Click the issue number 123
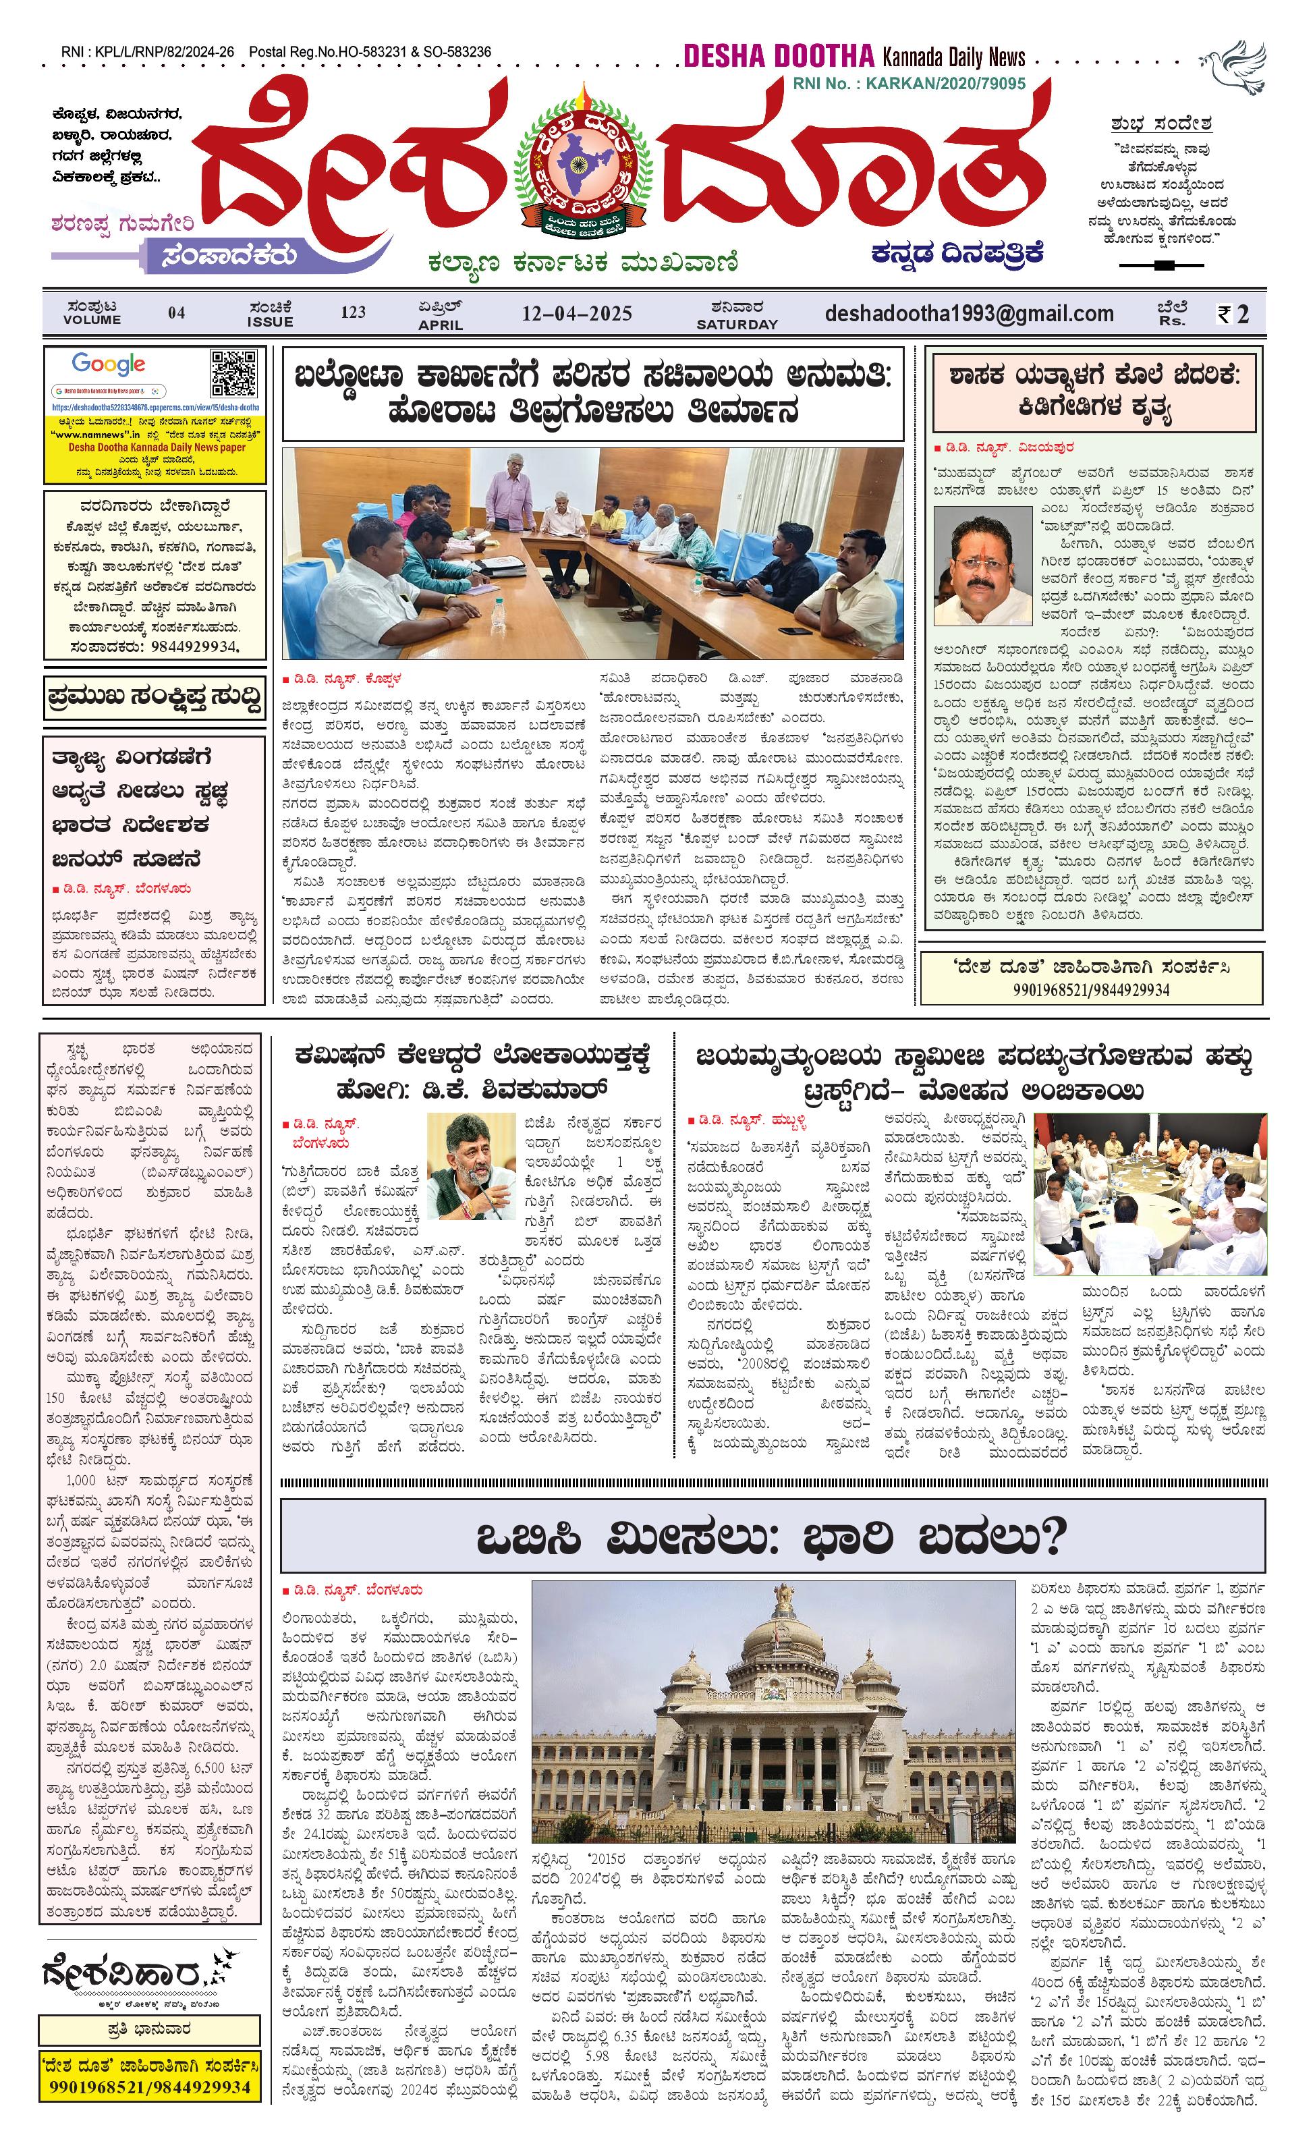[353, 312]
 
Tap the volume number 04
[176, 312]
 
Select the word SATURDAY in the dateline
[736, 325]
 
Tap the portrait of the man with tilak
[982, 565]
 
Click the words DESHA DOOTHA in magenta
[778, 57]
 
